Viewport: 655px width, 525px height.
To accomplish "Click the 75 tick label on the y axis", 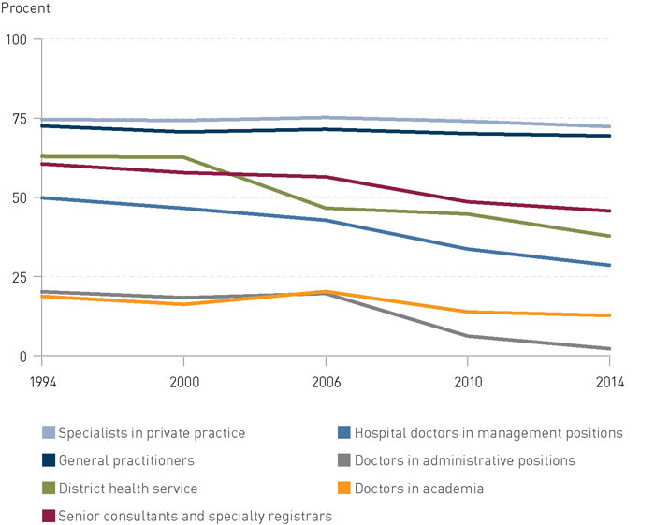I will point(19,119).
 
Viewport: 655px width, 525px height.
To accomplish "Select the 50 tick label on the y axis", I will point(19,198).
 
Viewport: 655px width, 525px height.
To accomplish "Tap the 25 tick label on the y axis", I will point(19,277).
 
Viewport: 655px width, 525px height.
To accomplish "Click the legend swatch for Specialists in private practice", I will point(49,433).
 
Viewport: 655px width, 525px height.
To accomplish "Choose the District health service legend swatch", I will point(49,488).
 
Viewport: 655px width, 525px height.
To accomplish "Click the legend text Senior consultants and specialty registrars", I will point(195,515).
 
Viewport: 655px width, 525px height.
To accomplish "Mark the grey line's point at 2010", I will point(467,336).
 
